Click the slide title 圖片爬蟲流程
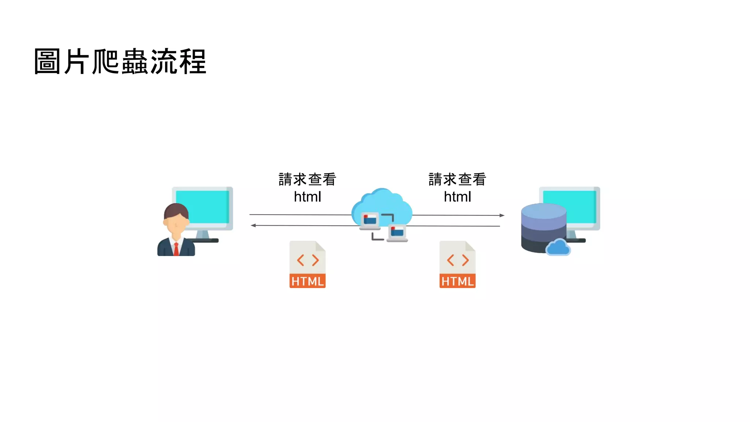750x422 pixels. pyautogui.click(x=120, y=62)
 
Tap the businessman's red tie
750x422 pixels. pyautogui.click(x=176, y=249)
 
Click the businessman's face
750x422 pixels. pyautogui.click(x=176, y=223)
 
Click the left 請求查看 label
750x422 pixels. pyautogui.click(x=307, y=179)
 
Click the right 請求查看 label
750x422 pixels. pyautogui.click(x=457, y=179)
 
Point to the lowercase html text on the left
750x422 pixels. pyautogui.click(x=307, y=197)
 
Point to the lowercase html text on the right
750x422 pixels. pyautogui.click(x=457, y=197)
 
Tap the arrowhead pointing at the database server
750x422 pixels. pyautogui.click(x=502, y=215)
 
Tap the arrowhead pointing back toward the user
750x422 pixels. pyautogui.click(x=253, y=225)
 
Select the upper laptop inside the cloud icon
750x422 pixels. pyautogui.click(x=370, y=221)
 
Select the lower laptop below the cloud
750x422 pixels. pyautogui.click(x=397, y=233)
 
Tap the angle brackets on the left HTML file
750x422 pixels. pyautogui.click(x=308, y=260)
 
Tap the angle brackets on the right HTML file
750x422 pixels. pyautogui.click(x=457, y=260)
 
